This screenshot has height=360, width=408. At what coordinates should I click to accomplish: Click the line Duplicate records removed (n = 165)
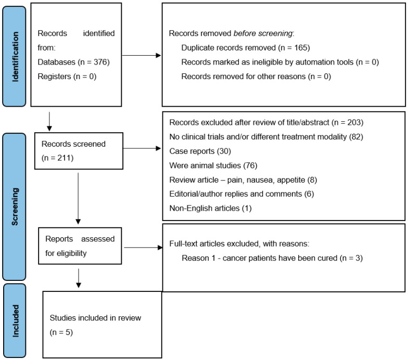point(246,48)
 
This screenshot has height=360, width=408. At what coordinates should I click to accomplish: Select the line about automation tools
point(280,62)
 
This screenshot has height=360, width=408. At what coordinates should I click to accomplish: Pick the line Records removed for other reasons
point(256,76)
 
